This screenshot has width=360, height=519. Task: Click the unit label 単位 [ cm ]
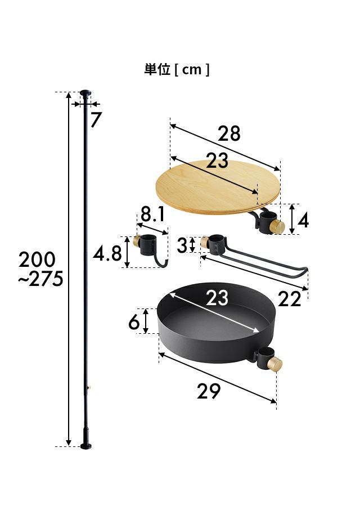coord(177,69)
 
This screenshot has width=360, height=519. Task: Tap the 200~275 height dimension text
coord(40,269)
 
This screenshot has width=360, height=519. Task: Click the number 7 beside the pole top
coord(96,119)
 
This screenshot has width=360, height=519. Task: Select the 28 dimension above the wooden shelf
coord(229,133)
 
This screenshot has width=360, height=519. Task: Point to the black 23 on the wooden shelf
coord(217,160)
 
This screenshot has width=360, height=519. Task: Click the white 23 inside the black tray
coord(217,298)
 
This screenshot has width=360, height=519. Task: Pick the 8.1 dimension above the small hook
coord(152,214)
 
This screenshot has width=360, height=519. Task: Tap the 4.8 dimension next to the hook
coord(107,254)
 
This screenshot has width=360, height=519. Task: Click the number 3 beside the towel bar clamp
coord(182,245)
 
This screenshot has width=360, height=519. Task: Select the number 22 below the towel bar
coord(290,299)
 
